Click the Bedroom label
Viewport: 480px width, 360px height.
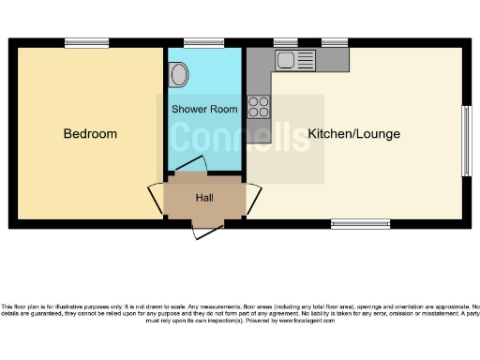click(x=90, y=134)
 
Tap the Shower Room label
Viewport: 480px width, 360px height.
click(x=203, y=110)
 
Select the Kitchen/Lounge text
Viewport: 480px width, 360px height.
click(x=353, y=134)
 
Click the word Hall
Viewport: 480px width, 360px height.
click(x=203, y=198)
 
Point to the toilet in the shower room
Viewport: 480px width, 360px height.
click(x=179, y=71)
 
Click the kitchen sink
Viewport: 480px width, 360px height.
click(x=285, y=60)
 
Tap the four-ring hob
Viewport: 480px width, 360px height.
click(x=258, y=106)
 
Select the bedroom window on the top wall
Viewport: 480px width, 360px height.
click(x=86, y=42)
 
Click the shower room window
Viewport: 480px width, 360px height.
click(x=203, y=42)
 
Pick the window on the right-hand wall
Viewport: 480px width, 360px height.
click(x=466, y=141)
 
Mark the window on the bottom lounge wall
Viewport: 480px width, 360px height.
click(x=360, y=224)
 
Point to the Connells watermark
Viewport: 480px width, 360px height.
click(x=239, y=139)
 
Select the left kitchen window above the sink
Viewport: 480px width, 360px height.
click(x=285, y=42)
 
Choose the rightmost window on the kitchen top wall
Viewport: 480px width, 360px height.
click(x=334, y=42)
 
